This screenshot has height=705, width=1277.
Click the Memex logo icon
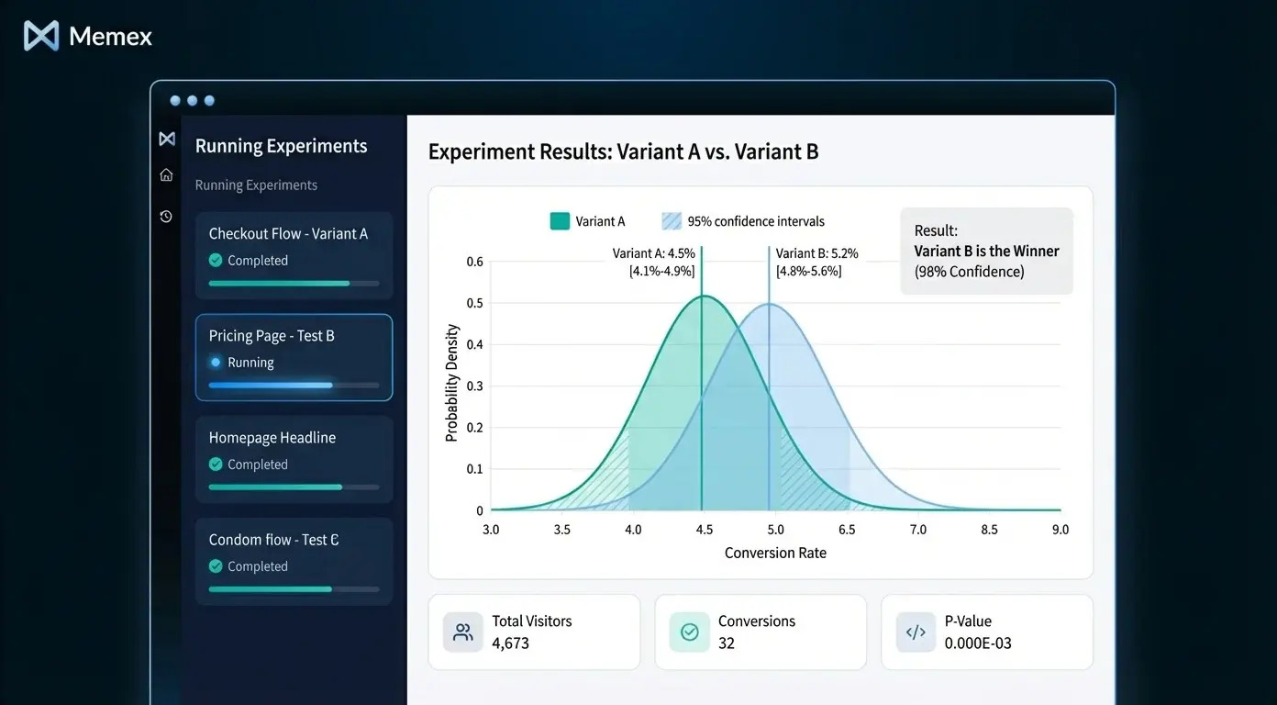41,36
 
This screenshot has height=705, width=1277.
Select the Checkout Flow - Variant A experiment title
288,234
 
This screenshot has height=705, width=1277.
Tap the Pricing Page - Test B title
272,336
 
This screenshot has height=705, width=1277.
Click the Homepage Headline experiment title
272,438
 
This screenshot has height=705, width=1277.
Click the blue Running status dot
216,363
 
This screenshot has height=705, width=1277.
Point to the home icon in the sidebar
166,175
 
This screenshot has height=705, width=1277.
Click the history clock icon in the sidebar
166,217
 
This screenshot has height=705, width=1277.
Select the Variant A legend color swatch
560,221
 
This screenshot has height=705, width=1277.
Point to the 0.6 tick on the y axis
474,262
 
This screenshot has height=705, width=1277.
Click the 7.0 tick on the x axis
917,530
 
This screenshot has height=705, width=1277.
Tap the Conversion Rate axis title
775,553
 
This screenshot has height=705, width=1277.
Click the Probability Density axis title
451,383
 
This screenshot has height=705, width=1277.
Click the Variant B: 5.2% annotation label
816,253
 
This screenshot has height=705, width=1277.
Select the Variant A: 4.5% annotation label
653,253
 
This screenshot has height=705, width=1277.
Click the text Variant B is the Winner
986,252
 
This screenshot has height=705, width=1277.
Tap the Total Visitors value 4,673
510,643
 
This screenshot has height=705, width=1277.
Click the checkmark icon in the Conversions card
690,632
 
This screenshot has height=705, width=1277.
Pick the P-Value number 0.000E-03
978,643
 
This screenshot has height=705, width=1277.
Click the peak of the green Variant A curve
703,296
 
